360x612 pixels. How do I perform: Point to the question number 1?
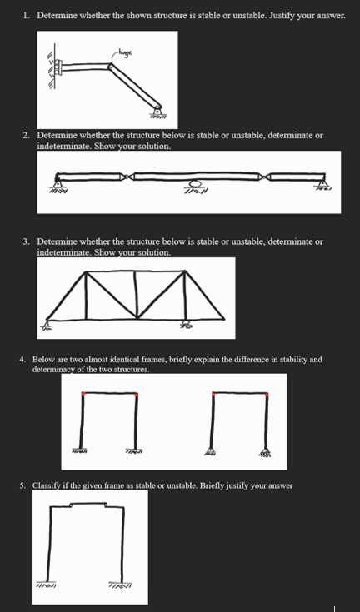26,16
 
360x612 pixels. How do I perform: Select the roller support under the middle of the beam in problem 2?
194,185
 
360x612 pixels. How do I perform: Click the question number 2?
26,134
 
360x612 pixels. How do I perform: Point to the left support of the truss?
47,323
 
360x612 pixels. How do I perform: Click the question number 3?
26,241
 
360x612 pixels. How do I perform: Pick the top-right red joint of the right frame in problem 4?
266,393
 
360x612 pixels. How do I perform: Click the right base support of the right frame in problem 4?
266,452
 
